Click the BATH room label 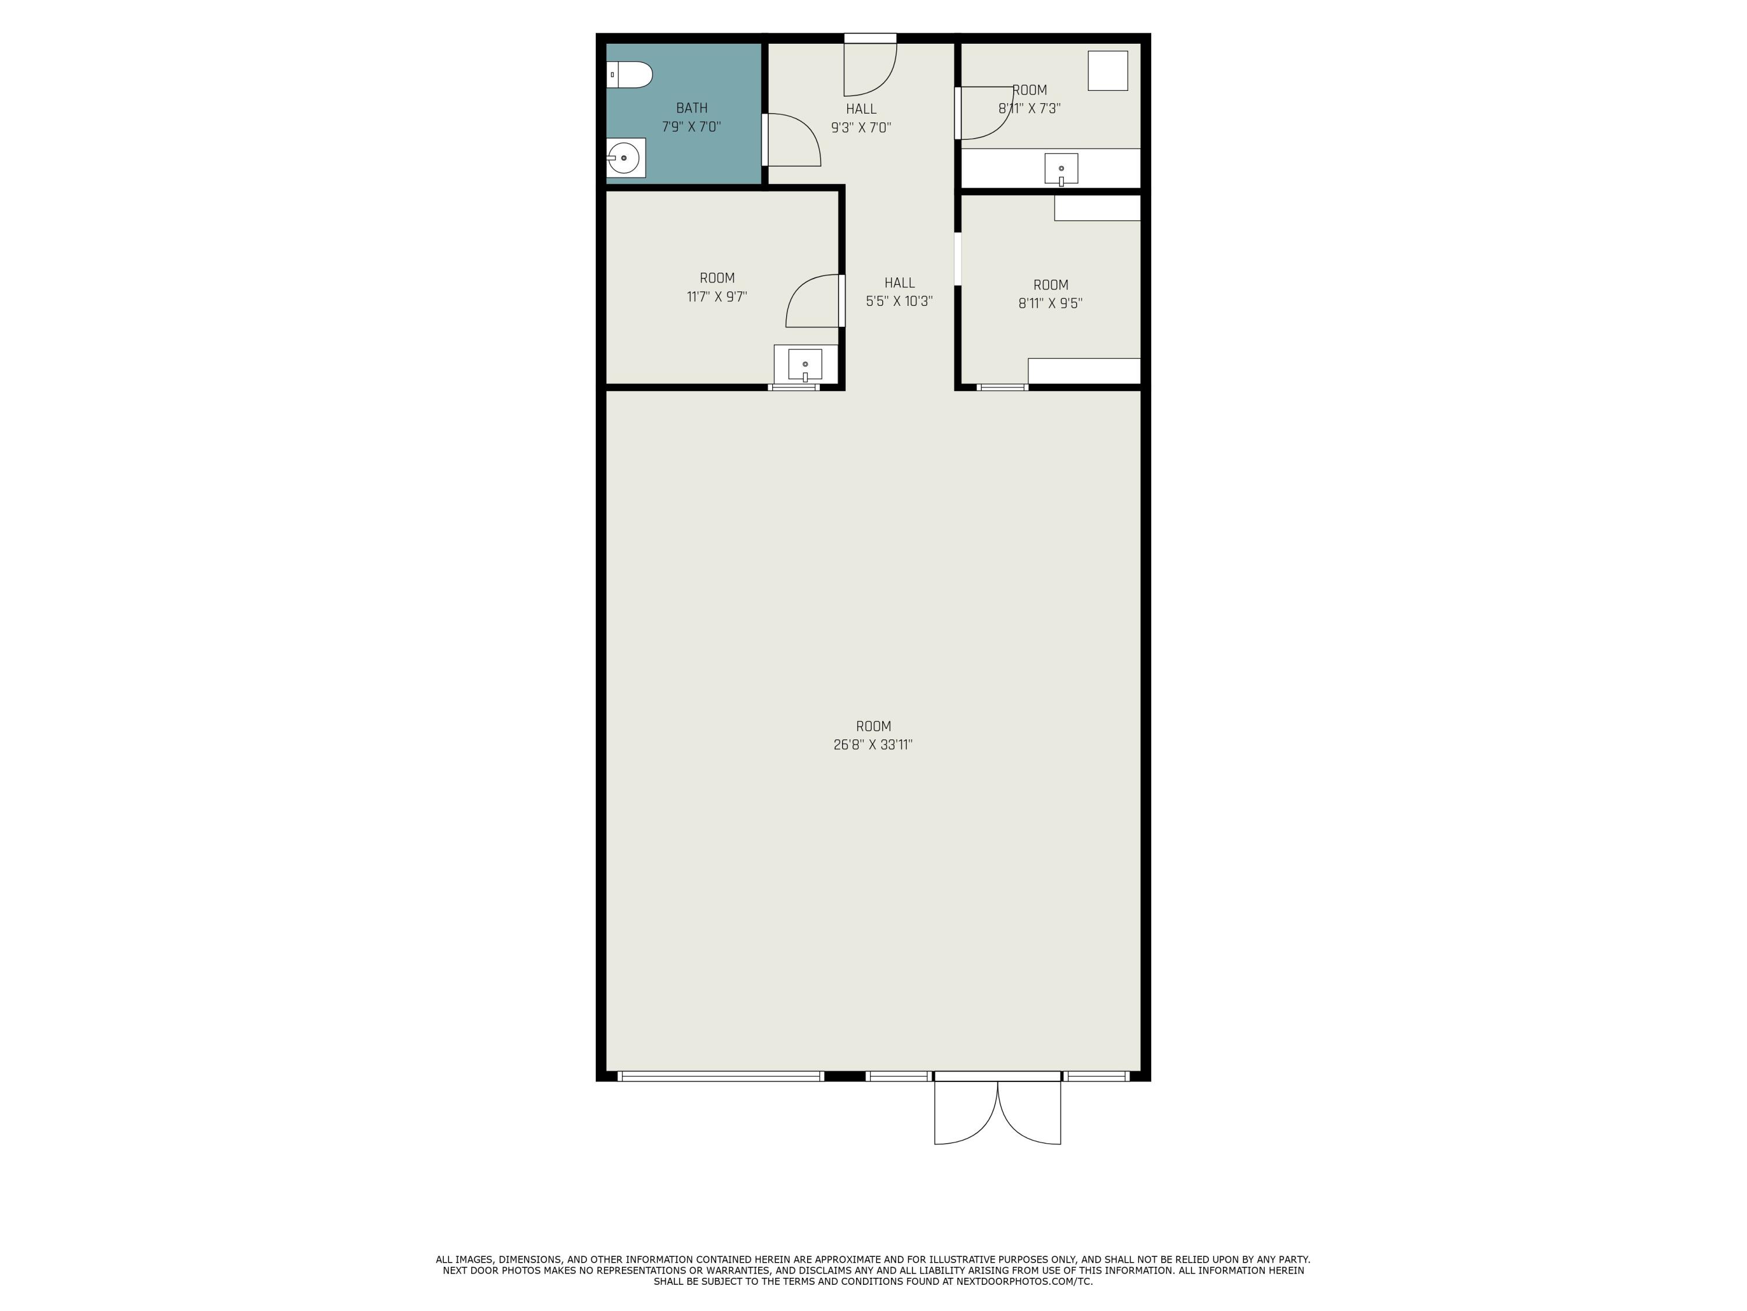(x=691, y=108)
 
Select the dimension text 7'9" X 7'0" (x=691, y=127)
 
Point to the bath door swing (x=792, y=140)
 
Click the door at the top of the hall (x=869, y=67)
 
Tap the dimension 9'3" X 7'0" (x=861, y=127)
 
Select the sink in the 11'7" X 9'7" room (x=805, y=364)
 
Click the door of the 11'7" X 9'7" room (x=814, y=301)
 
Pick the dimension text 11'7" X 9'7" (x=716, y=297)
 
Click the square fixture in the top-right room (x=1107, y=71)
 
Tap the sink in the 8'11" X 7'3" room (x=1060, y=168)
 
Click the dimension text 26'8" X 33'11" (x=873, y=745)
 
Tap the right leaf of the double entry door (x=1031, y=1114)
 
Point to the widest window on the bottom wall (x=720, y=1076)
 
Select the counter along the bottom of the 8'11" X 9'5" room (x=1084, y=371)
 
